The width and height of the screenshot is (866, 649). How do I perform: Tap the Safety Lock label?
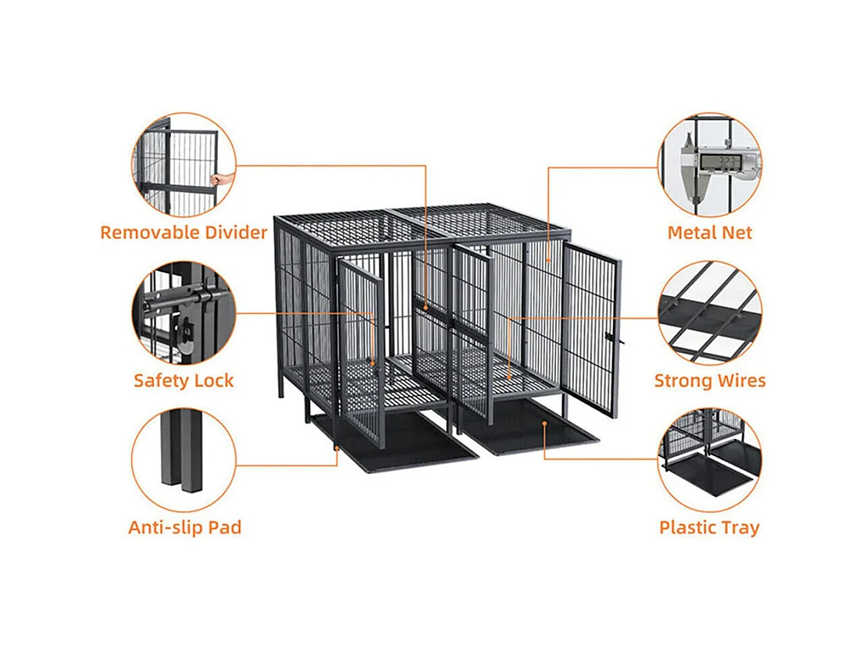pyautogui.click(x=184, y=380)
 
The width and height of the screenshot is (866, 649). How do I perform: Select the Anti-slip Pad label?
pyautogui.click(x=185, y=527)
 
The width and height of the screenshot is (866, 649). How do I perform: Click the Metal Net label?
pyautogui.click(x=710, y=233)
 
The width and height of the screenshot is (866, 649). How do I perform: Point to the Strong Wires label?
pyautogui.click(x=710, y=380)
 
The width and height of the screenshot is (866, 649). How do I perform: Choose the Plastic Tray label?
pyautogui.click(x=710, y=527)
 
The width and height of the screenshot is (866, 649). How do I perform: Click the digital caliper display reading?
pyautogui.click(x=720, y=162)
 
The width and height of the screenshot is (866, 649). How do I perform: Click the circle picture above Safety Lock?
pyautogui.click(x=184, y=313)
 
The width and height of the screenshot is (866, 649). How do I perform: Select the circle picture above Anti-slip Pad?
pyautogui.click(x=184, y=460)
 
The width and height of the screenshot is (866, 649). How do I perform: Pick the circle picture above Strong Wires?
pyautogui.click(x=710, y=313)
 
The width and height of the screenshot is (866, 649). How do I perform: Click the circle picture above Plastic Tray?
pyautogui.click(x=710, y=460)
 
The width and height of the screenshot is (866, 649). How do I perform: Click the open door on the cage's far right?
pyautogui.click(x=591, y=330)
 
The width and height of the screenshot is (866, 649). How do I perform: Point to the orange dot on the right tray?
pyautogui.click(x=544, y=424)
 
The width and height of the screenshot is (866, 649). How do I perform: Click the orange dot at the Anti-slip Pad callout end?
pyautogui.click(x=337, y=448)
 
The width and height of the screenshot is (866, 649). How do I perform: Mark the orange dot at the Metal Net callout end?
pyautogui.click(x=548, y=260)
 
